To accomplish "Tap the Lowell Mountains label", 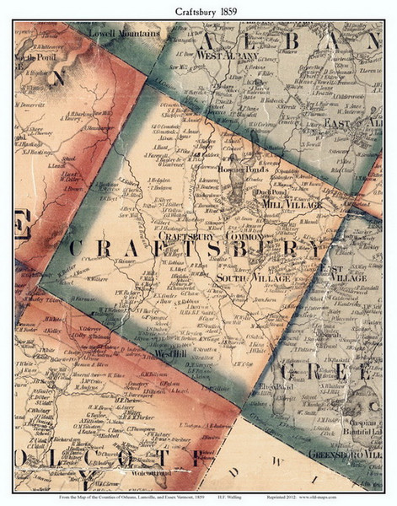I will tap(131, 34).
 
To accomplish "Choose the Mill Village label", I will tap(292, 204).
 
